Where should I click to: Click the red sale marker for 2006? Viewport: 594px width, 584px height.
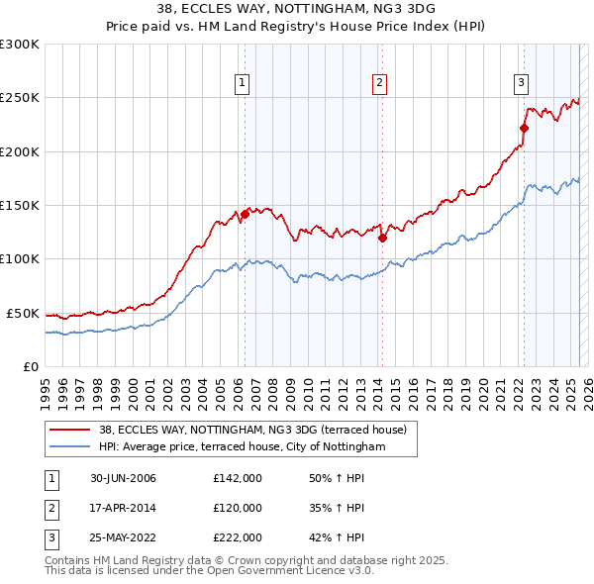click(x=245, y=214)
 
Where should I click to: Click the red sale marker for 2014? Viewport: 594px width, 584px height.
click(x=381, y=238)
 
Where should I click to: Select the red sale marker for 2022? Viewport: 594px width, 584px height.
click(x=524, y=128)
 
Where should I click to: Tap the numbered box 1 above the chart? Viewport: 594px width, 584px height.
click(x=242, y=83)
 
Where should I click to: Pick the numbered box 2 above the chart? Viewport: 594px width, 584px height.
click(x=379, y=83)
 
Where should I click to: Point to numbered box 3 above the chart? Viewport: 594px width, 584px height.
click(x=521, y=83)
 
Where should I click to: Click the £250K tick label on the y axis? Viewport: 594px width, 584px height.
click(x=19, y=98)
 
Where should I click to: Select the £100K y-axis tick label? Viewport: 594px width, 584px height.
click(x=19, y=259)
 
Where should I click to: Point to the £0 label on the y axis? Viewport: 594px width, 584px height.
click(x=30, y=366)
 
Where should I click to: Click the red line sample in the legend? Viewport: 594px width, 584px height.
click(x=69, y=430)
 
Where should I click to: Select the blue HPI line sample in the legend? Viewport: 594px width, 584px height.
click(x=69, y=446)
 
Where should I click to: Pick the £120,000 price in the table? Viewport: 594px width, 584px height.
click(x=238, y=508)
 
